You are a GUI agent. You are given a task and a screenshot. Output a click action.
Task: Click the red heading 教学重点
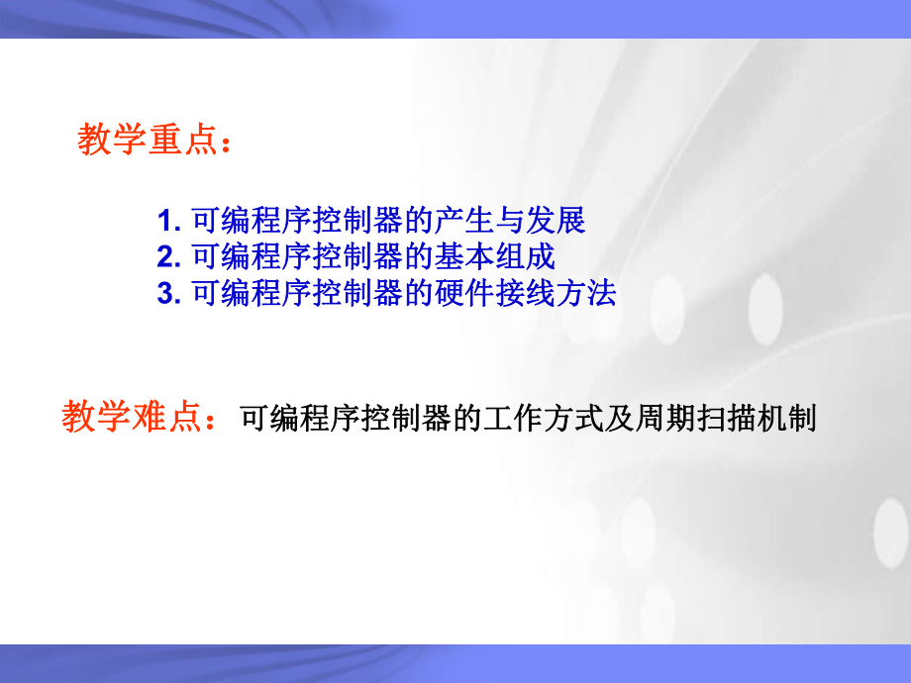pos(147,141)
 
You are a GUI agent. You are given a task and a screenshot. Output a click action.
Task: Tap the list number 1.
pos(165,220)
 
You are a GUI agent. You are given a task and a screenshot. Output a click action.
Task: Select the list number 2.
pos(165,257)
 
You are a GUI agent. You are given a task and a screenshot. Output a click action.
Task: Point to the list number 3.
pos(165,294)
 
